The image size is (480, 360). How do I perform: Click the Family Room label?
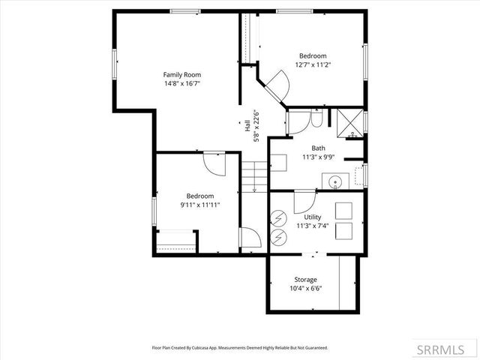coord(182,74)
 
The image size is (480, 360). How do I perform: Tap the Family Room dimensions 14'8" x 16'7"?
coord(182,85)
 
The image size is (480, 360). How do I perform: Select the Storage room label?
coord(305,279)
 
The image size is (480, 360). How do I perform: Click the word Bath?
coord(318,148)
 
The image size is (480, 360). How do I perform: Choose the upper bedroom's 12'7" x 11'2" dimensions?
coord(313,65)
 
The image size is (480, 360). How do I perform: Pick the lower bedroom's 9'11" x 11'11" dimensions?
coord(200,205)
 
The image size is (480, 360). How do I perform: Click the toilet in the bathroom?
coord(317,120)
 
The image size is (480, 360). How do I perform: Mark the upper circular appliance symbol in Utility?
coord(278,219)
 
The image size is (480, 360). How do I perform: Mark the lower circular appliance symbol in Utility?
coord(278,237)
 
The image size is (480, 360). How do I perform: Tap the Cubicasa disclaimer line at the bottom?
coord(240,348)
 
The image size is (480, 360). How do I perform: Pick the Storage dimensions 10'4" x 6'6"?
coord(305,289)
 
